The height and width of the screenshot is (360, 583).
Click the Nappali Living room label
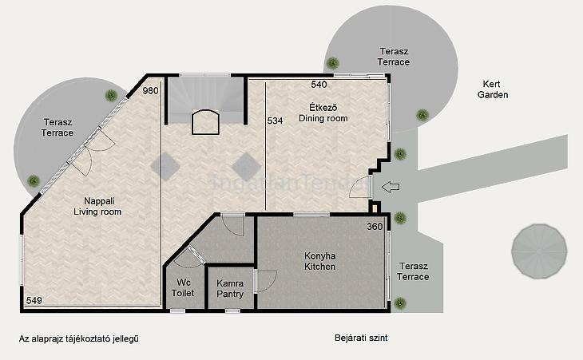coord(97,207)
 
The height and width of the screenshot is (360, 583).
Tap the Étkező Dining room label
coord(323,113)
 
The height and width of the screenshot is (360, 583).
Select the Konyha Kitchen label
coord(319,261)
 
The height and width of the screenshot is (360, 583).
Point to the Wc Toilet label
coord(183,288)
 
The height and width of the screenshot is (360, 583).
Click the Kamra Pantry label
coord(230,289)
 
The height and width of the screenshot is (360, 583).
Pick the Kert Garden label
coord(493,89)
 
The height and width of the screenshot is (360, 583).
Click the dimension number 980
coord(151,91)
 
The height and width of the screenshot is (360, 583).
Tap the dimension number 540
coord(319,85)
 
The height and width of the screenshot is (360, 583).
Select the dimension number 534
coord(276,121)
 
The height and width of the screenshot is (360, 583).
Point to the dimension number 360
coord(375,227)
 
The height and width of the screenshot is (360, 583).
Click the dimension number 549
coord(34,300)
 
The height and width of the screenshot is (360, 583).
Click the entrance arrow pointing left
coord(391,187)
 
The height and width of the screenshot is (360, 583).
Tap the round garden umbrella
coord(539,251)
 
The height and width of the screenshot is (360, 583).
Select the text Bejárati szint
coord(361,338)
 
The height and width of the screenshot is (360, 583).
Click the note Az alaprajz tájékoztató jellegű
coord(79,338)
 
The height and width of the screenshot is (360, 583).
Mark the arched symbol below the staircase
coord(205,122)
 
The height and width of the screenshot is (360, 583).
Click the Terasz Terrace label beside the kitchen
coord(413,271)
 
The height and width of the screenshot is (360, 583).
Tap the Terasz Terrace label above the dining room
coord(394,57)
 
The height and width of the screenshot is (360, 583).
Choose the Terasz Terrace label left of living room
coord(58,128)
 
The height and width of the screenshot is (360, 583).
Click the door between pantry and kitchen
coord(265,281)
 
